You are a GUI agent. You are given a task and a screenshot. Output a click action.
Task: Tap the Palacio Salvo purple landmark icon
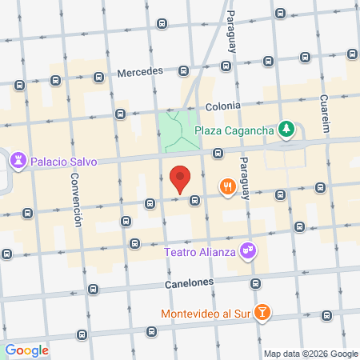click(x=18, y=161)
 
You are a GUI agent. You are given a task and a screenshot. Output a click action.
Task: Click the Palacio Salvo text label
click(x=63, y=161)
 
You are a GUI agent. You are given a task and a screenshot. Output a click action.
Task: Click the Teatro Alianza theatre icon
click(x=249, y=251)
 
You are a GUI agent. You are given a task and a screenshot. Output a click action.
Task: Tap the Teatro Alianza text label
click(x=200, y=252)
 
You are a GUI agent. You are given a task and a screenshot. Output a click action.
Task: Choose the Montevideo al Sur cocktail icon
click(x=262, y=313)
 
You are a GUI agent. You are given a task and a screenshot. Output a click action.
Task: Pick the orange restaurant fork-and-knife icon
click(x=228, y=187)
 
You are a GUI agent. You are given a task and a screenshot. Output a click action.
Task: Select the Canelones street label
click(x=190, y=282)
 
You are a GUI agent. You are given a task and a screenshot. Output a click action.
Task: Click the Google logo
click(x=26, y=350)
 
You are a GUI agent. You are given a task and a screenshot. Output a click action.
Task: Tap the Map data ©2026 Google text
click(x=311, y=354)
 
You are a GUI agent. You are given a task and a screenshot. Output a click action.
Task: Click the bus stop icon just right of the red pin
click(x=194, y=201)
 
